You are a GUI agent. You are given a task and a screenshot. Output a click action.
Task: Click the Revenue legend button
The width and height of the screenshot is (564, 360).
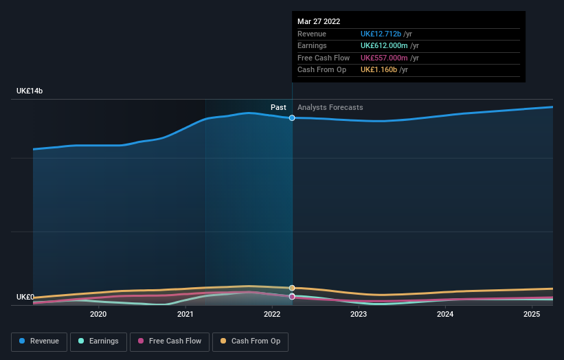click(39, 341)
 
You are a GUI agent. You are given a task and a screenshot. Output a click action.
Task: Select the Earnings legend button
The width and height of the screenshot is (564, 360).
click(98, 341)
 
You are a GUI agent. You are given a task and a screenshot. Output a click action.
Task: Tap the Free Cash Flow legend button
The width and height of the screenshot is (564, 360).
click(168, 341)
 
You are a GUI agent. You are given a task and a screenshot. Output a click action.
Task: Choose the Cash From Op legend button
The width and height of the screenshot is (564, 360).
click(250, 341)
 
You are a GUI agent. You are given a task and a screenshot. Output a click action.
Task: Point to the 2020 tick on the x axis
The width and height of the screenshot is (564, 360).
click(98, 315)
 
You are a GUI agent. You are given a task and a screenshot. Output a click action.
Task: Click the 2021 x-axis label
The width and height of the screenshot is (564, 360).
click(185, 315)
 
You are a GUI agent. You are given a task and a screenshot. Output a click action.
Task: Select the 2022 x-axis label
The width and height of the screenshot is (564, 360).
click(271, 315)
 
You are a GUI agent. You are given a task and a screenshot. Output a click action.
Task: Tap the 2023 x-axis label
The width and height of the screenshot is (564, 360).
click(358, 315)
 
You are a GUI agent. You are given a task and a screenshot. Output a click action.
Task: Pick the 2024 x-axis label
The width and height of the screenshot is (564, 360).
click(445, 315)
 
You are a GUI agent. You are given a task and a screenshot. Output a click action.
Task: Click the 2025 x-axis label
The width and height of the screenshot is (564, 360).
click(532, 315)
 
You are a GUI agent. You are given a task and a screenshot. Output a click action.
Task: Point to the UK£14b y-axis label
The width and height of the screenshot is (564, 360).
click(30, 91)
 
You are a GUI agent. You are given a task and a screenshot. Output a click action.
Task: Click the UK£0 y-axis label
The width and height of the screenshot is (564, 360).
click(25, 297)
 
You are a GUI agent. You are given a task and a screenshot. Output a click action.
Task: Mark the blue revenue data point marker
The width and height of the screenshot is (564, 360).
click(292, 118)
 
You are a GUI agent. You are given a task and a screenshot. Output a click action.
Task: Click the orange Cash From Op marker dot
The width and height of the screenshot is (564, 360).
click(292, 288)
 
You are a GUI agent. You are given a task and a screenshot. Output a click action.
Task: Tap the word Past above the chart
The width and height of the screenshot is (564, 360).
click(278, 107)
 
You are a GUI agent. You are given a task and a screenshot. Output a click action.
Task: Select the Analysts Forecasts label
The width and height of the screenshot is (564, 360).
click(330, 107)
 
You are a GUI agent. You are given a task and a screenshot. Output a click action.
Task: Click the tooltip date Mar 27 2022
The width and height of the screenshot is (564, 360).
click(319, 22)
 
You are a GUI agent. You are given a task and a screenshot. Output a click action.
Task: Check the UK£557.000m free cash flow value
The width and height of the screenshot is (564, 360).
click(385, 58)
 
